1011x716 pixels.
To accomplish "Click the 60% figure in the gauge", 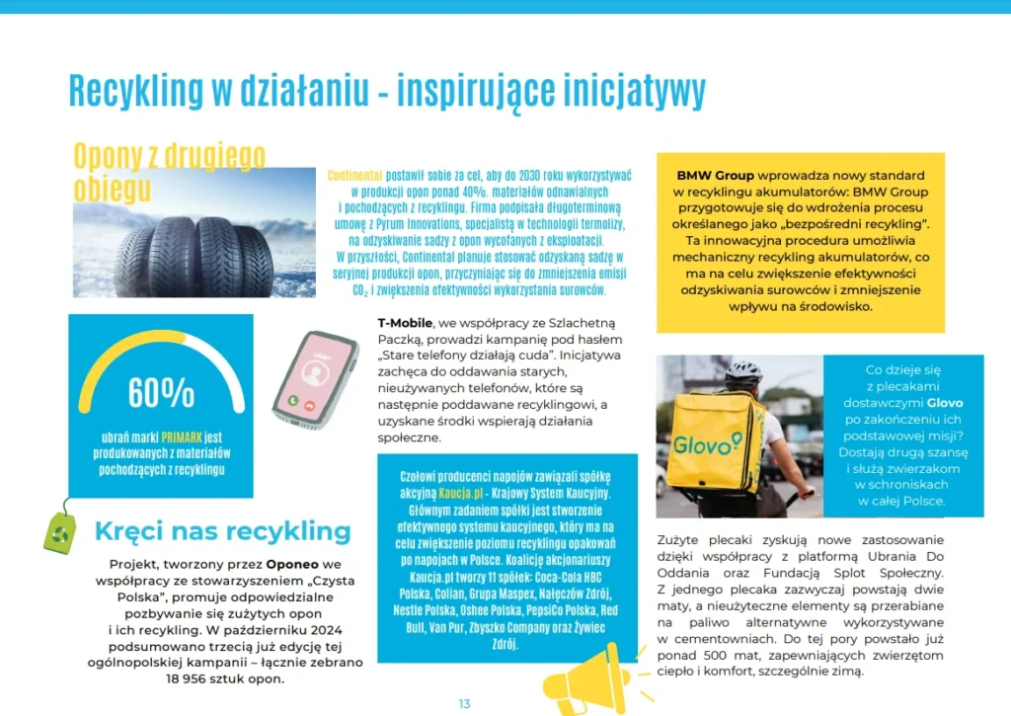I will pos(161,392).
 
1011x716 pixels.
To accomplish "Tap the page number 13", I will pos(464,703).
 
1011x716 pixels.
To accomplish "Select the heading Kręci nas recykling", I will pos(222,531).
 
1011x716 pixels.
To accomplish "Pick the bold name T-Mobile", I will pos(405,324).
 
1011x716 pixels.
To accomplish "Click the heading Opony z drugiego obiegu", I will pos(169,171).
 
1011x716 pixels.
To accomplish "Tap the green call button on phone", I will pos(293,401).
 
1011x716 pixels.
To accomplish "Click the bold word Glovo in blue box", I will pos(944,403).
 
